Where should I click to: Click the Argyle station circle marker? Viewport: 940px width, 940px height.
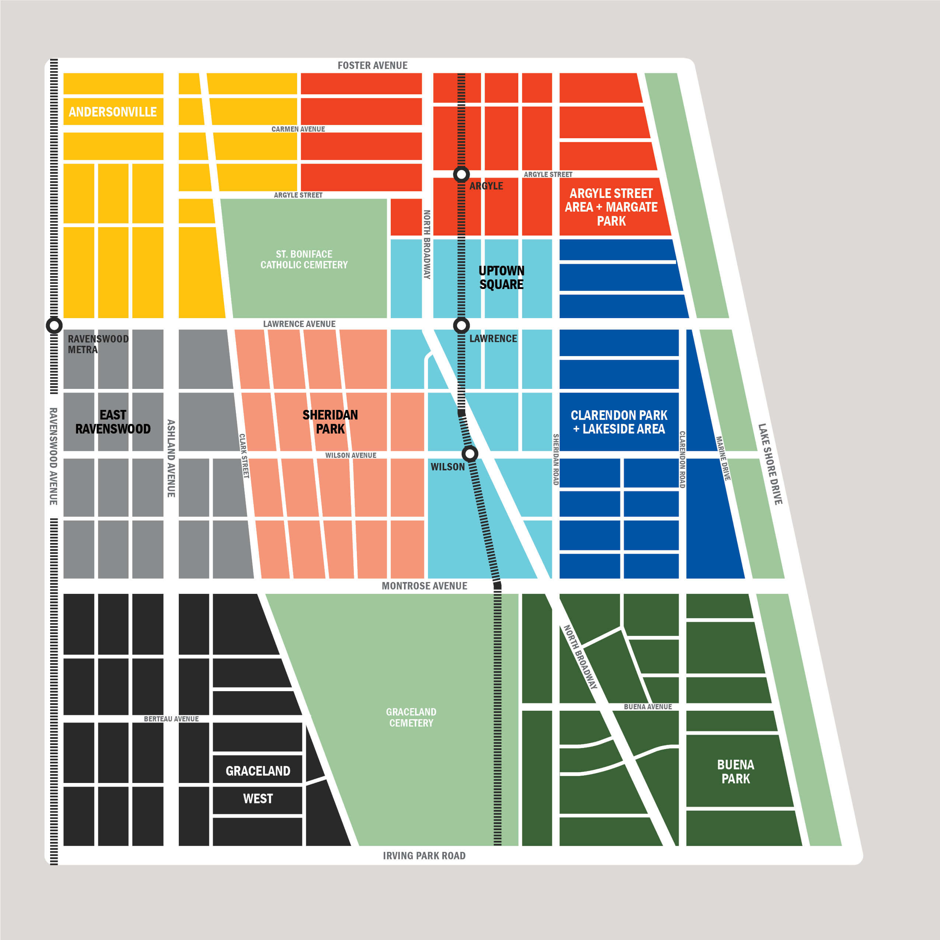[x=461, y=174]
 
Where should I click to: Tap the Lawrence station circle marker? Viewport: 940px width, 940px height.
[x=461, y=325]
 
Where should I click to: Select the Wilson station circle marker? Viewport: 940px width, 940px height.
[x=470, y=454]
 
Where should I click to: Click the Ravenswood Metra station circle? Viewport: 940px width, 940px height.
[x=54, y=325]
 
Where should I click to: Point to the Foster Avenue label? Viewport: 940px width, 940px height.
[x=372, y=65]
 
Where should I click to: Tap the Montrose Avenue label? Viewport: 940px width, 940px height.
[x=424, y=586]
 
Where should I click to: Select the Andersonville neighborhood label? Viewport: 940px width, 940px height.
[x=112, y=112]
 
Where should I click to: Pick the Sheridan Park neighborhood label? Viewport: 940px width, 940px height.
[x=330, y=422]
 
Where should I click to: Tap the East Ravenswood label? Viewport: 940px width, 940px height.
[x=113, y=422]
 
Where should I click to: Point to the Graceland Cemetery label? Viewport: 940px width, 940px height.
[x=411, y=717]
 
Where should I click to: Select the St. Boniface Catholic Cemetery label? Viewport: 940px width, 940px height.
[x=304, y=259]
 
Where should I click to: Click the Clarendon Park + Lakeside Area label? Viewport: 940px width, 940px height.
[x=619, y=422]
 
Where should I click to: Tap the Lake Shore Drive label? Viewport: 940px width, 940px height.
[x=770, y=464]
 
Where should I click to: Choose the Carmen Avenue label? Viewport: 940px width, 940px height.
[x=298, y=129]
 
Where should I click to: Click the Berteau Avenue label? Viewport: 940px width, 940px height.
[x=171, y=718]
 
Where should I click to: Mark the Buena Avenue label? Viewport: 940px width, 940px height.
[x=648, y=706]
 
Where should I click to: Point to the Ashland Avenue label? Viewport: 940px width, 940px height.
[x=171, y=458]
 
